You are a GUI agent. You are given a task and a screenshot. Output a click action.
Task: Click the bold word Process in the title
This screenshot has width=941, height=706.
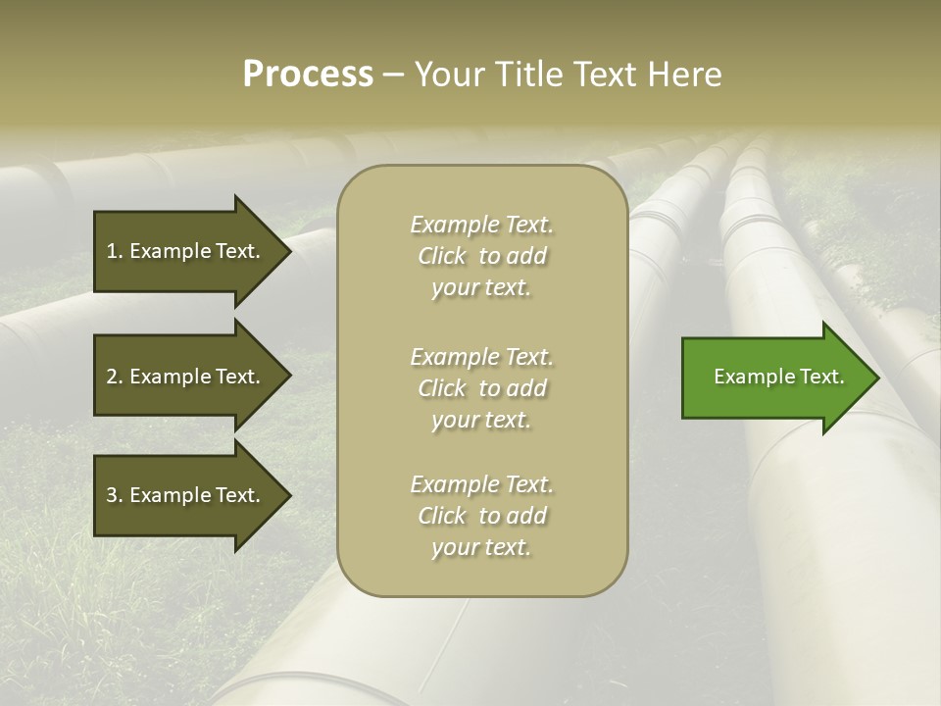(x=308, y=75)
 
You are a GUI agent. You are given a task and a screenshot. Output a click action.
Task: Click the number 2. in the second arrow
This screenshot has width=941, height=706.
(x=114, y=377)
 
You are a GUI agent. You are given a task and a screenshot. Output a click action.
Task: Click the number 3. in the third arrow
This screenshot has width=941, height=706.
(x=114, y=495)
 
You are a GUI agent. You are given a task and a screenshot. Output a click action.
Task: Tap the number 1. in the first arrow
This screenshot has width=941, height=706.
(x=114, y=251)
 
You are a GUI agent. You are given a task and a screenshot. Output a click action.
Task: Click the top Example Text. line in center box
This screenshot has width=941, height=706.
(x=481, y=225)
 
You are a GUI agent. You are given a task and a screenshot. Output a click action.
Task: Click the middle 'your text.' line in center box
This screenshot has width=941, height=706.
(x=481, y=420)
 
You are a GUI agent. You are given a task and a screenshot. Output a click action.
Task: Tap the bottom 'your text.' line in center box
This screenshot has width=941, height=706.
(x=481, y=548)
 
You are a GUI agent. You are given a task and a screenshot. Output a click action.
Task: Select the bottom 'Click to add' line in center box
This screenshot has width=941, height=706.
(x=481, y=516)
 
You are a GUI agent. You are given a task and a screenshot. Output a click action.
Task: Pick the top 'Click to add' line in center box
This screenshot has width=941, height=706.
(x=481, y=256)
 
